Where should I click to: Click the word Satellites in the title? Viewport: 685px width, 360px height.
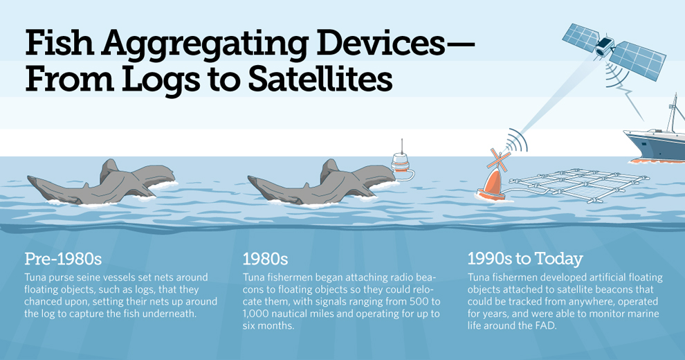click(320, 79)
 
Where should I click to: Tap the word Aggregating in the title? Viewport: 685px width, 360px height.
click(204, 43)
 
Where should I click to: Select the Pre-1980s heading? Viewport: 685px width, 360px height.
click(63, 259)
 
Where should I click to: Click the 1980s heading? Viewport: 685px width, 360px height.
click(265, 259)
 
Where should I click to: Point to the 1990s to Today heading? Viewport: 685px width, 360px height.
click(525, 259)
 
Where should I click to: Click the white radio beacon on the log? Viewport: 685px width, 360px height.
click(401, 164)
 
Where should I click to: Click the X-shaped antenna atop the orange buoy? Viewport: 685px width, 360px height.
click(498, 160)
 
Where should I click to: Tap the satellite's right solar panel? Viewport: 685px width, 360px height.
click(637, 61)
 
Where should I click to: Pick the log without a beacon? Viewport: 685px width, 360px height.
click(102, 184)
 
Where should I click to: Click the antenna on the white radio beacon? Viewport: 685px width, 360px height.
click(402, 146)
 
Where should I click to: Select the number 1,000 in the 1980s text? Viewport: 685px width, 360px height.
click(254, 314)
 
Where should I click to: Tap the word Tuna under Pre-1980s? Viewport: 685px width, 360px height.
click(35, 278)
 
